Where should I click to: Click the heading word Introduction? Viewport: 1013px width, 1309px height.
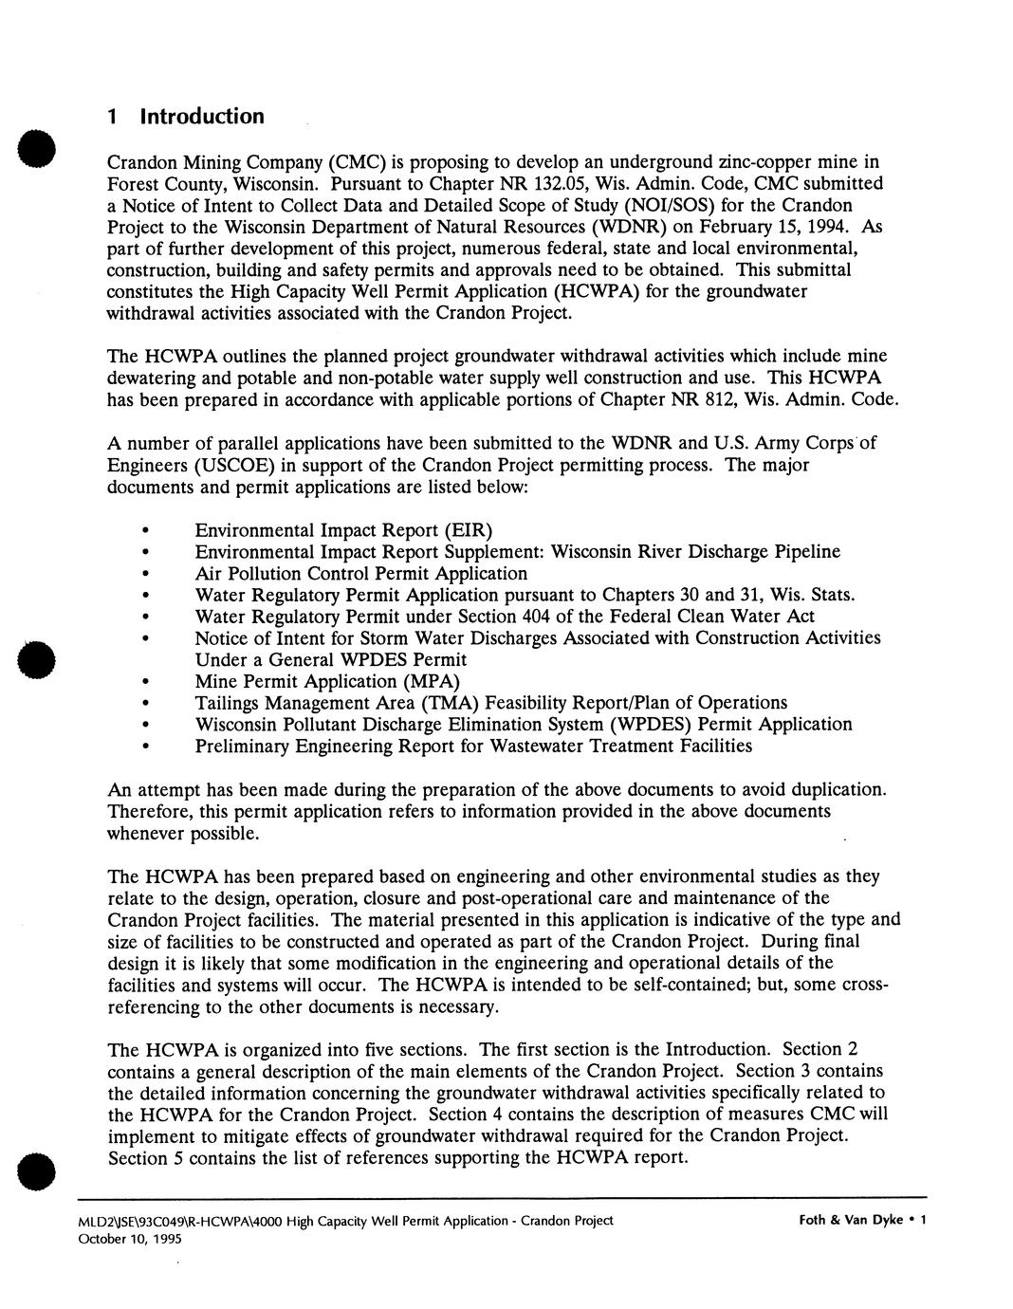(x=202, y=117)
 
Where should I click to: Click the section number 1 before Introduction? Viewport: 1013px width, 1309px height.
(x=112, y=117)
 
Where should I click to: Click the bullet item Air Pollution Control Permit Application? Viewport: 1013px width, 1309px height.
(x=360, y=573)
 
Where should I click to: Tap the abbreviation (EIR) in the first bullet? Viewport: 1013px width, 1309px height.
(x=465, y=529)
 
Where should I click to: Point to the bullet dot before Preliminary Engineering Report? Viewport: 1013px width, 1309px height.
(x=144, y=747)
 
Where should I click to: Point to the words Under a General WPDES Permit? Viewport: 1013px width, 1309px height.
(x=330, y=659)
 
